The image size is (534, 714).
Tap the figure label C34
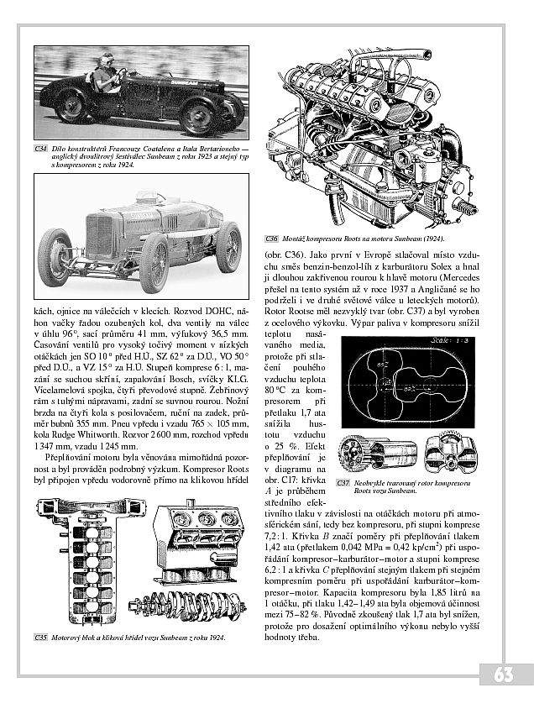pyautogui.click(x=40, y=149)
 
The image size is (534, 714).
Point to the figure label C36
pyautogui.click(x=272, y=239)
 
